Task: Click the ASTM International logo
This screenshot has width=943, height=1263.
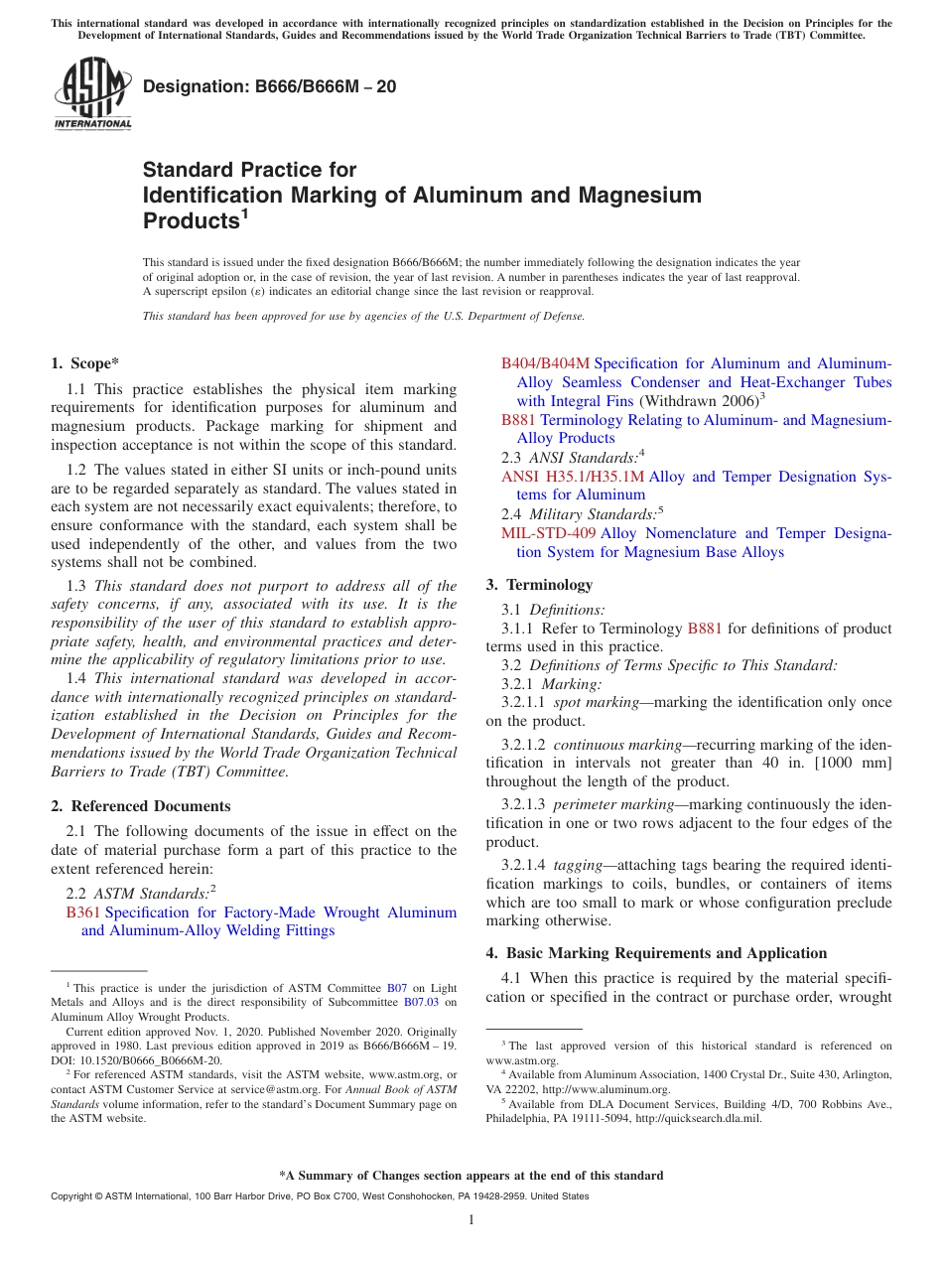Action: pyautogui.click(x=91, y=94)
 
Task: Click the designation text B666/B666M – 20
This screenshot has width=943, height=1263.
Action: pyautogui.click(x=270, y=86)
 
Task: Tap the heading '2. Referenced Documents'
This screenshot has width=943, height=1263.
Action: pyautogui.click(x=141, y=806)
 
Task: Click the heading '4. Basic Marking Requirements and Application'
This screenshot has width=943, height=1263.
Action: pyautogui.click(x=656, y=953)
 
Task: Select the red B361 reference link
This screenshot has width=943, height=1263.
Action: pyautogui.click(x=83, y=912)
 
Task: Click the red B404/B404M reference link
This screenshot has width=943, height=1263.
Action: pyautogui.click(x=545, y=363)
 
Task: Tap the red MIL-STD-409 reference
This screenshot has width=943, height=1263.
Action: pyautogui.click(x=549, y=533)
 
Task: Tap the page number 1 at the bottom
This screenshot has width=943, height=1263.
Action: pyautogui.click(x=471, y=1220)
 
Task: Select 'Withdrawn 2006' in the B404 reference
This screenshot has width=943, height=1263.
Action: pyautogui.click(x=700, y=401)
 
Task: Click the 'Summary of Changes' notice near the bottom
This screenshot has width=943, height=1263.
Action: pyautogui.click(x=471, y=1176)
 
